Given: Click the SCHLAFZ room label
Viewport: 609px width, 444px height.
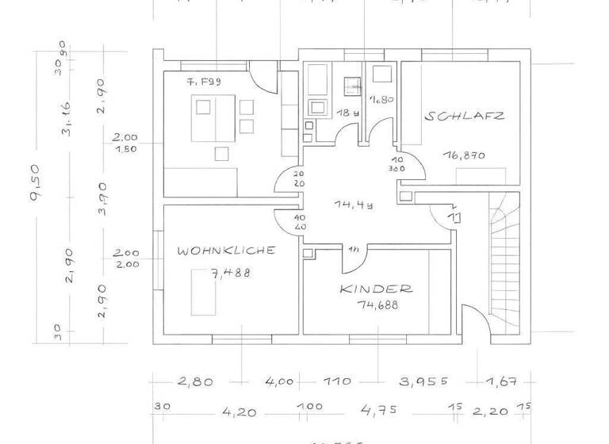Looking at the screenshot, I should click(x=465, y=116).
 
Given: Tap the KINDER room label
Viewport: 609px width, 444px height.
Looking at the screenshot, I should click(x=376, y=289).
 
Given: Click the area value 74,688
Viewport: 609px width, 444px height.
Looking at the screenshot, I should click(x=376, y=304).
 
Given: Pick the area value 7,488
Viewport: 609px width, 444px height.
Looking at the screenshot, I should click(x=230, y=273).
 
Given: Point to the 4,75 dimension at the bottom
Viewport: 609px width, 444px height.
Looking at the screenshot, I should click(x=378, y=411).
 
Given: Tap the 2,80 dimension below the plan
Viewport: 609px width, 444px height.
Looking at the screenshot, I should click(x=195, y=381).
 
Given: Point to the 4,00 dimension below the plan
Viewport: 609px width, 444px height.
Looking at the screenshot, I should click(x=279, y=381).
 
